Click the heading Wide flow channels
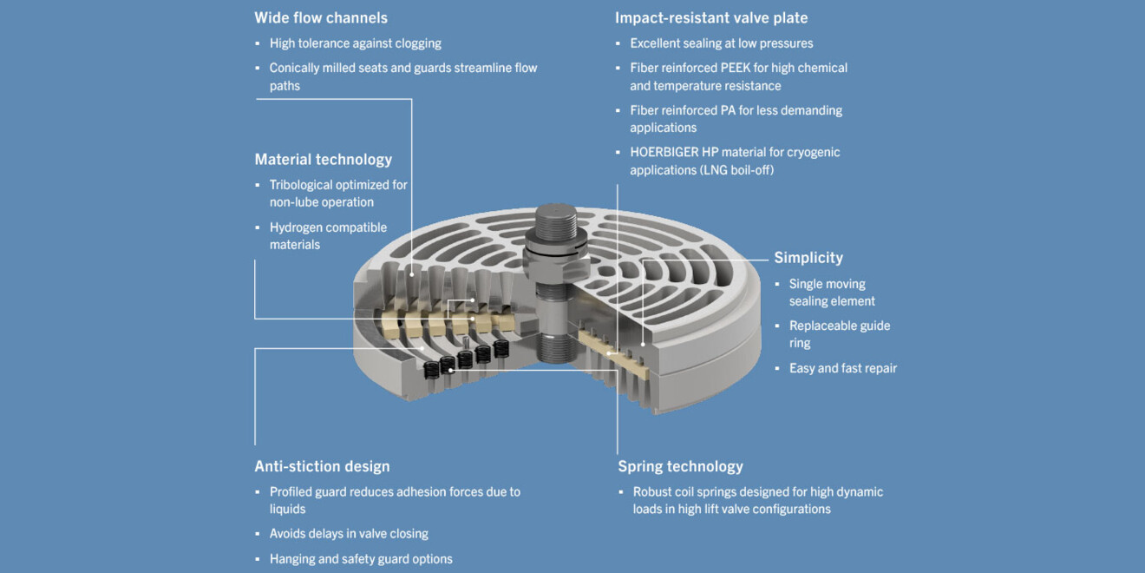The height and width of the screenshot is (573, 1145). [321, 17]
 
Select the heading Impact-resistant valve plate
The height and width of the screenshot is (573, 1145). [711, 17]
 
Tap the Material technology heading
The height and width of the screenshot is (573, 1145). [323, 160]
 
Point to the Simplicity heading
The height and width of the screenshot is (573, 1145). [808, 258]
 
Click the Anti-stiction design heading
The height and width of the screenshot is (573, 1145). [322, 467]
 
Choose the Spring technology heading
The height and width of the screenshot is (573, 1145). [680, 467]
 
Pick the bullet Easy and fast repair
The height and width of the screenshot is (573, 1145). [842, 368]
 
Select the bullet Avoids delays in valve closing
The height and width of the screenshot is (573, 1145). [349, 534]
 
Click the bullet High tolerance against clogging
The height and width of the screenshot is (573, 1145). [355, 43]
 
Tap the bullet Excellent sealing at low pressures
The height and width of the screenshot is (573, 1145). [721, 43]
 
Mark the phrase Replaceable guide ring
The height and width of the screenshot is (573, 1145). [839, 334]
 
